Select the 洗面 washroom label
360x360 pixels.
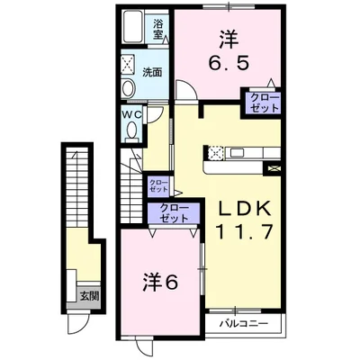coord(153,71)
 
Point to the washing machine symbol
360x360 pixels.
coord(127,67)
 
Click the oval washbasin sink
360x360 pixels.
coord(128,89)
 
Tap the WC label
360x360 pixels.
coord(131,114)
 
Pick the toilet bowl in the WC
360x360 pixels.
coord(133,130)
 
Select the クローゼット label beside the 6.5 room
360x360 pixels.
coord(259,102)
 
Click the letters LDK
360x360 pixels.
coord(238,209)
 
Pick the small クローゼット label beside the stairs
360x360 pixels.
coord(157,186)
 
